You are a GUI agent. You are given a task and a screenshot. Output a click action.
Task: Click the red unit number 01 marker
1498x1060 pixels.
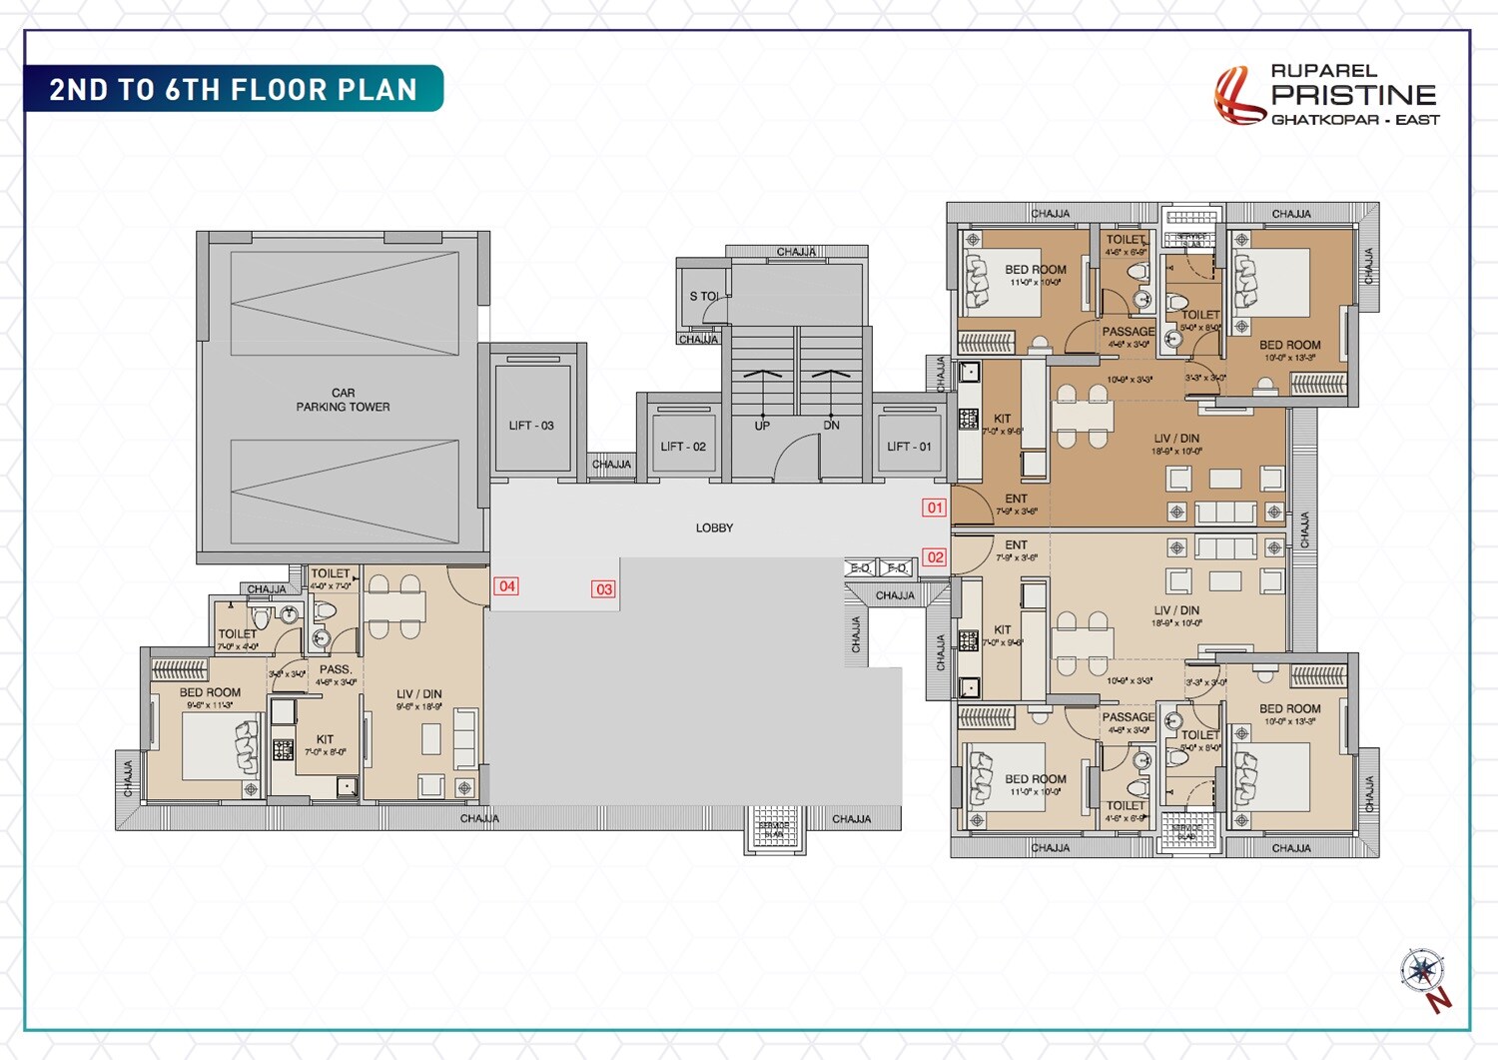point(934,508)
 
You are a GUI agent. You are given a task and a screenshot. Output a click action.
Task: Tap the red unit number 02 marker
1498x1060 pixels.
point(934,557)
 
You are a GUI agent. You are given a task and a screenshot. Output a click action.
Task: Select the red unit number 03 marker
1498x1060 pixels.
point(603,589)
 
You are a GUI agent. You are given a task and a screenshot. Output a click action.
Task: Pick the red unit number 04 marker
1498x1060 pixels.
point(506,586)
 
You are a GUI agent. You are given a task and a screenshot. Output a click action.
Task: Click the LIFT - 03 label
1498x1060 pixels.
point(531,426)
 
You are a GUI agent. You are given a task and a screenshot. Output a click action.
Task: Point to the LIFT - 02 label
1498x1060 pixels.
point(683,447)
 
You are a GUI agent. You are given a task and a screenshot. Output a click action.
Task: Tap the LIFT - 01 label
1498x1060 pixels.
point(909,447)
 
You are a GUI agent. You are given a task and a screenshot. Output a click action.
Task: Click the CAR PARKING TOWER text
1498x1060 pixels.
point(343,400)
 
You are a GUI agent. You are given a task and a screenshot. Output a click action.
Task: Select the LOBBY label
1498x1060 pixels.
point(714,528)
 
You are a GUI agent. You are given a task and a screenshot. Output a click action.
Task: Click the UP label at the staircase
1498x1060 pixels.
point(762,426)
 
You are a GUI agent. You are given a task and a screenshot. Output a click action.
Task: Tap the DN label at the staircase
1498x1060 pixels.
point(831,426)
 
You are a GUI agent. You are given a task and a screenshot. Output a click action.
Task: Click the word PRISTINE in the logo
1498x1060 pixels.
point(1353,95)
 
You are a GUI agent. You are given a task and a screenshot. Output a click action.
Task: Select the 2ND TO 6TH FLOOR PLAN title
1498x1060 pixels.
point(233,90)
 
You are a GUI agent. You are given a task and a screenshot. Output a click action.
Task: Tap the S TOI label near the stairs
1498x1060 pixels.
point(703,297)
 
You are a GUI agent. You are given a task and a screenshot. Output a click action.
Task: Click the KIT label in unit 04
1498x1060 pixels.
point(325,739)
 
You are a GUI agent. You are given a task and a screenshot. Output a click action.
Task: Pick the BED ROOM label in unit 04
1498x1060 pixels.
point(210,692)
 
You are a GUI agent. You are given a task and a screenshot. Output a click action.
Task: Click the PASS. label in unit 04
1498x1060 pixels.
point(336,669)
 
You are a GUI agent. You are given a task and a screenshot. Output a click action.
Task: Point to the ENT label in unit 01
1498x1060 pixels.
point(1016,499)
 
